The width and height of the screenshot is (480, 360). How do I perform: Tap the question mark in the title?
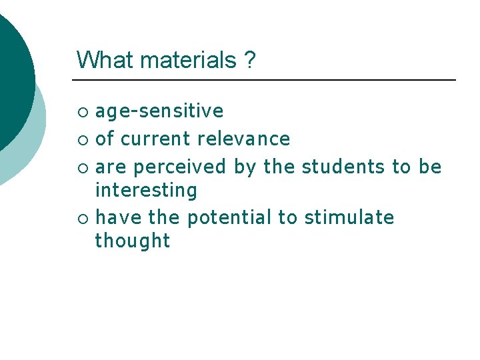coord(249,60)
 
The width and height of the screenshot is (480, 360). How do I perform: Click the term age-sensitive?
coord(159,111)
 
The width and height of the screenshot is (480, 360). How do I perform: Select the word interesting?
coord(146,191)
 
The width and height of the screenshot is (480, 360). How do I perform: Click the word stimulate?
coord(349,217)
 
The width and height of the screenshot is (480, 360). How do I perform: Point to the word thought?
coord(133,241)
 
